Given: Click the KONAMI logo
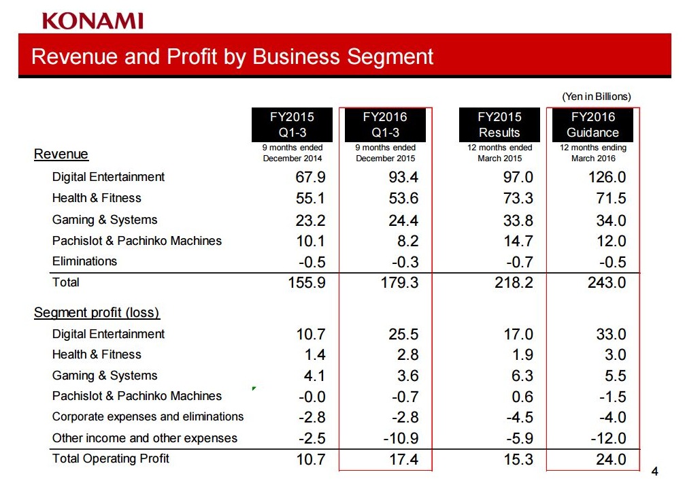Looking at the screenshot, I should [x=93, y=21].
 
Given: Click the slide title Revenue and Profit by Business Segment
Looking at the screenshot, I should [x=232, y=56].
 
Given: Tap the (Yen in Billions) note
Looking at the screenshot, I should [x=596, y=97].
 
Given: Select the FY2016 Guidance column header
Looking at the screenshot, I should [x=592, y=125].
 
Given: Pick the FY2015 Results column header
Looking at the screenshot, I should [x=499, y=125].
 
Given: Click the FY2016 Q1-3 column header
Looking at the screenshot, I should [x=385, y=125].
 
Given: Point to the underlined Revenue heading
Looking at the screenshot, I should [x=61, y=154].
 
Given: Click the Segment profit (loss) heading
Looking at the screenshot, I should [x=97, y=313].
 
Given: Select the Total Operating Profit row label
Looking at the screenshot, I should [x=111, y=459].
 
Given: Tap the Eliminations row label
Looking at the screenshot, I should [x=84, y=261].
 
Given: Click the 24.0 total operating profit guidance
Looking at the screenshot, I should [x=609, y=460].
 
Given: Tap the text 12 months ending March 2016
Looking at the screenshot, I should [x=592, y=153].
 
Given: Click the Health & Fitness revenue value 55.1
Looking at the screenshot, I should [x=310, y=199].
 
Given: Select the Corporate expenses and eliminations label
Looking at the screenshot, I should [x=148, y=416].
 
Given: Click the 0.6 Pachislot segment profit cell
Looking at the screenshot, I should [x=522, y=397].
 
